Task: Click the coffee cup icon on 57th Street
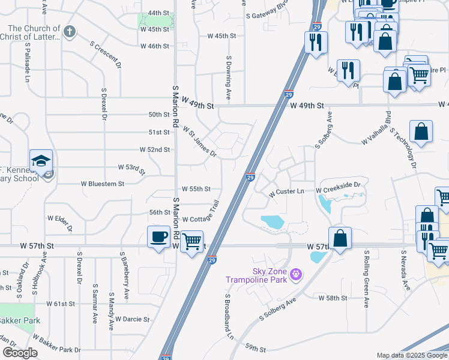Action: point(159,236)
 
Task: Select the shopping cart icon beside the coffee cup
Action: point(192,242)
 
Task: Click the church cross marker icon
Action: point(70,31)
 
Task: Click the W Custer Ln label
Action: point(287,192)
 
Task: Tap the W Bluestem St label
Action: point(95,184)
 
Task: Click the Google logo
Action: point(19,353)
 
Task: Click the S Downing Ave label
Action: point(229,78)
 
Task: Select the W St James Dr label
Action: point(199,142)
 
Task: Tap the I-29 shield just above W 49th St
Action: point(289,94)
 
